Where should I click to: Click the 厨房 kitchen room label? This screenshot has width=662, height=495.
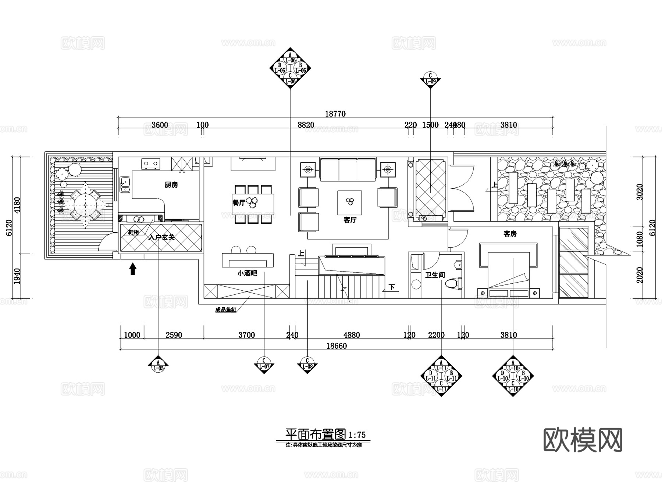(171, 185)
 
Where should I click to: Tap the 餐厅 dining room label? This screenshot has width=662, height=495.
(239, 202)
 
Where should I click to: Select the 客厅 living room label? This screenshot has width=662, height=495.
(350, 220)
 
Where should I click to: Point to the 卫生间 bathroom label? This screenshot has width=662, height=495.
(435, 275)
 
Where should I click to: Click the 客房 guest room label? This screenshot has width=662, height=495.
(510, 234)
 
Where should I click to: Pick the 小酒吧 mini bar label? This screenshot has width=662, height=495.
(247, 273)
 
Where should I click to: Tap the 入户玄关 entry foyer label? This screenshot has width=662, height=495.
(161, 238)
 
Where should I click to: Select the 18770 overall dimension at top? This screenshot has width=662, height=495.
(335, 114)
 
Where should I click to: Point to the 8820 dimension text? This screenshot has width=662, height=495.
(306, 125)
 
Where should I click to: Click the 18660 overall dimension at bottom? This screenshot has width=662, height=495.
(336, 346)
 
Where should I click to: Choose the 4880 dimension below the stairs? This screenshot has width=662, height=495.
(351, 335)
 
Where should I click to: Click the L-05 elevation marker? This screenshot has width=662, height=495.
(158, 365)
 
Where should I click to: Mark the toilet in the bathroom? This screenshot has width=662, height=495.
(453, 284)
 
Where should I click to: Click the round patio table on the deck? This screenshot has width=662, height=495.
(85, 203)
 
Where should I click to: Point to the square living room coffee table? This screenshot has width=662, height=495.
(349, 202)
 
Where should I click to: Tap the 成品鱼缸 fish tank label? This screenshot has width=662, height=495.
(225, 310)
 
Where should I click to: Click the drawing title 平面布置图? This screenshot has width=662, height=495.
(316, 435)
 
